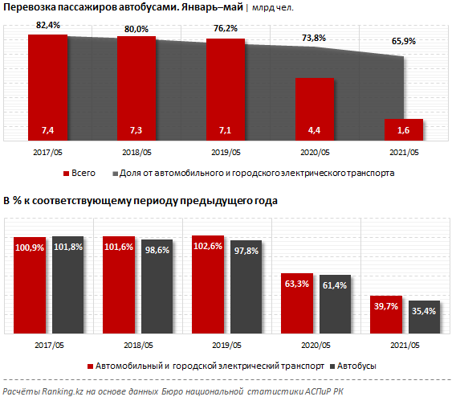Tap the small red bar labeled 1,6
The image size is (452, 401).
pyautogui.click(x=403, y=129)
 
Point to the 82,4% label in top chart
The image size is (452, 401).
pyautogui.click(x=48, y=27)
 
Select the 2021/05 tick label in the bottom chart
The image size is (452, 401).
pyautogui.click(x=403, y=346)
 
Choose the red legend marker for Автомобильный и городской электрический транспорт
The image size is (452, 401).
pyautogui.click(x=90, y=366)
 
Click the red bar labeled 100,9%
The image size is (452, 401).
pyautogui.click(x=29, y=285)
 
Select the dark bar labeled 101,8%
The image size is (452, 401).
pyautogui.click(x=68, y=285)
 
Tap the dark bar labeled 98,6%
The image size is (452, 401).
pyautogui.click(x=157, y=286)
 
